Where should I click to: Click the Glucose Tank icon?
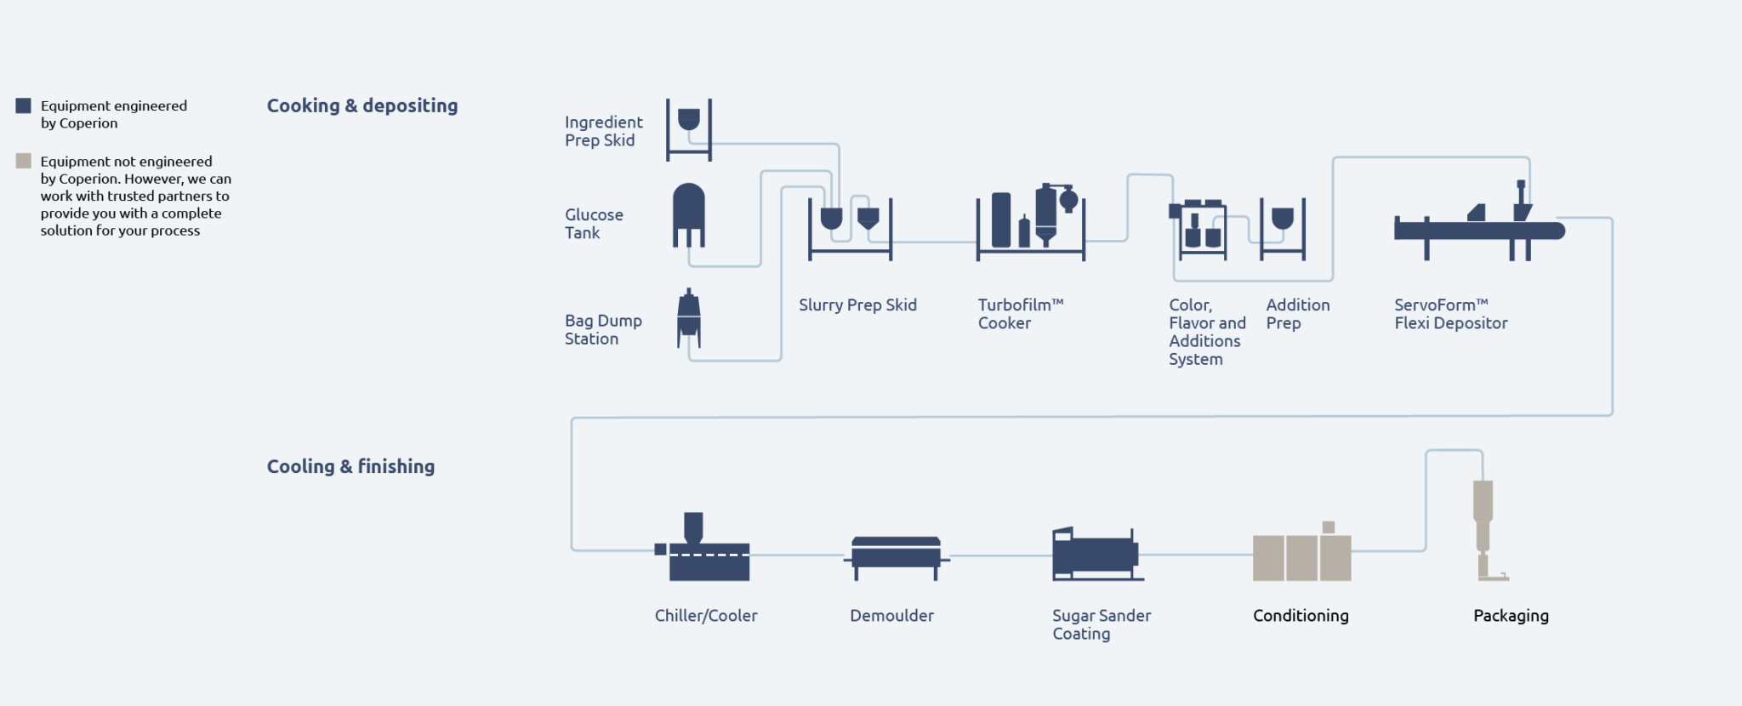pyautogui.click(x=689, y=215)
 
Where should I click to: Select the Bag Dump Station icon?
pyautogui.click(x=689, y=319)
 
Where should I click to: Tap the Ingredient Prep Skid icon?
pyautogui.click(x=689, y=129)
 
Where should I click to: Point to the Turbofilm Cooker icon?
pyautogui.click(x=1031, y=222)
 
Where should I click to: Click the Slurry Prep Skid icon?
pyautogui.click(x=850, y=229)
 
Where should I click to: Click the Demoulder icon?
pyautogui.click(x=897, y=558)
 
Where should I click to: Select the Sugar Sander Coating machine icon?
pyautogui.click(x=1097, y=554)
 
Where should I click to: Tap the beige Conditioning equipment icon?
pyautogui.click(x=1301, y=552)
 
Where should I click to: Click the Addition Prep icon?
pyautogui.click(x=1283, y=229)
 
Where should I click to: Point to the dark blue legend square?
pyautogui.click(x=24, y=105)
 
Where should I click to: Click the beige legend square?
pyautogui.click(x=24, y=161)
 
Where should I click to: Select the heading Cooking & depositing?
pyautogui.click(x=362, y=105)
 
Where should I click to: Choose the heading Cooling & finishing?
pyautogui.click(x=350, y=466)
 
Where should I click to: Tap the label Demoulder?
pyautogui.click(x=891, y=615)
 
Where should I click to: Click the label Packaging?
pyautogui.click(x=1511, y=616)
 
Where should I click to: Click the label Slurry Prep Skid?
pyautogui.click(x=857, y=305)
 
